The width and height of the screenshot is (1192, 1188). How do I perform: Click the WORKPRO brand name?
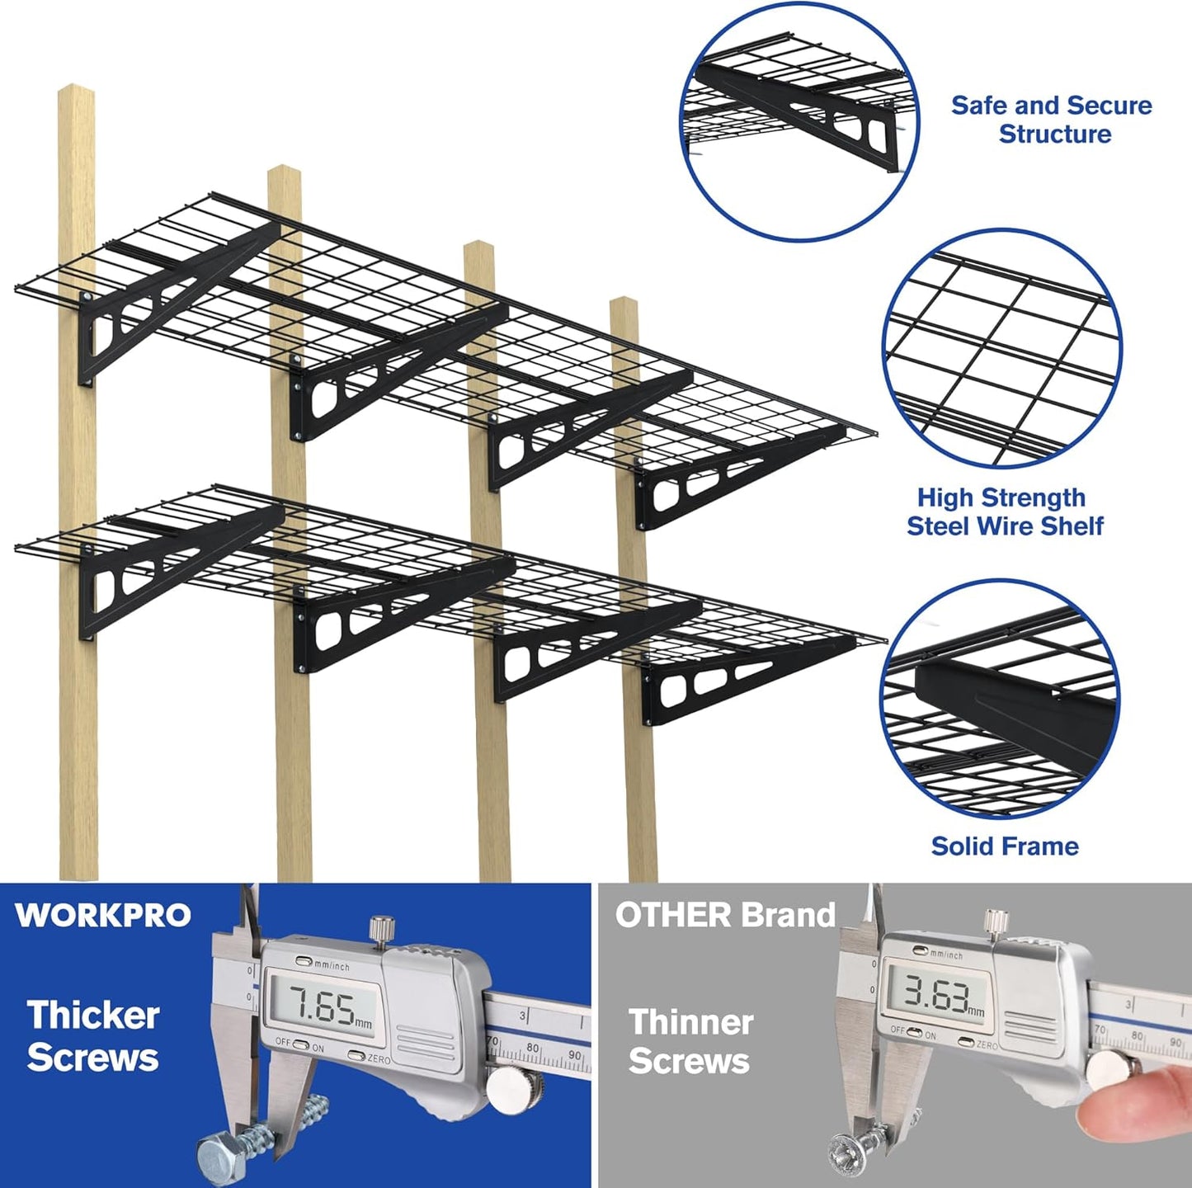[103, 915]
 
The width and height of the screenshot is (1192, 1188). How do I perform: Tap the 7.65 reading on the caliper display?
[324, 1006]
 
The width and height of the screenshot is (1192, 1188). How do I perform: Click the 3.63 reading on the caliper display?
[936, 994]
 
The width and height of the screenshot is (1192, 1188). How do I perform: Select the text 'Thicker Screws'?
[92, 1036]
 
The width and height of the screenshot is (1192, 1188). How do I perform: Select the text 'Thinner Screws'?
[690, 1041]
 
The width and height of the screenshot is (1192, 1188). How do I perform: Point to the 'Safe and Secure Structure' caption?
[1052, 120]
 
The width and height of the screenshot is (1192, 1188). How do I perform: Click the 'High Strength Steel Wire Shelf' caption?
[1004, 511]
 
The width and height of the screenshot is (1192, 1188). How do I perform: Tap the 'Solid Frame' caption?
[1005, 846]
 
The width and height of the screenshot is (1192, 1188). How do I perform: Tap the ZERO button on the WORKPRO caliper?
[357, 1055]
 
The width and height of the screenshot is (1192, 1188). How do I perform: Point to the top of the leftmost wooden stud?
[75, 92]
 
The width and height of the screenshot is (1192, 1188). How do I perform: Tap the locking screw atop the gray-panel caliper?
[996, 920]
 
